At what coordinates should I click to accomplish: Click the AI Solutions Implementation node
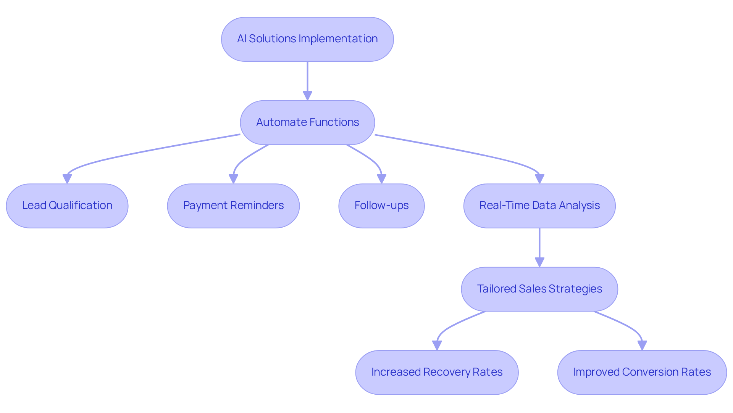coord(307,39)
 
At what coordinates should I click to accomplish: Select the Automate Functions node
coord(307,122)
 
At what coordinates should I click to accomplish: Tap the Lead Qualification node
coord(67,206)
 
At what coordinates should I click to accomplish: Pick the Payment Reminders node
coord(233,206)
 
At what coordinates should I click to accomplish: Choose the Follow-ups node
coord(381,206)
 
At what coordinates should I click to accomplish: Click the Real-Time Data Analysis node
coord(539,206)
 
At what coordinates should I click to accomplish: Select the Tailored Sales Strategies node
coord(539,289)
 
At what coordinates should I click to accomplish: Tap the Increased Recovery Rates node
coord(437,372)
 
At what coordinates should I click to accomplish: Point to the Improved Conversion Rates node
coord(642,372)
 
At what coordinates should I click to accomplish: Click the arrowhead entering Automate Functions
coord(307,96)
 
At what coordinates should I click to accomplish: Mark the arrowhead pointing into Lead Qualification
coord(67,179)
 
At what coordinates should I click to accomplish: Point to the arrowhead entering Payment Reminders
coord(233,179)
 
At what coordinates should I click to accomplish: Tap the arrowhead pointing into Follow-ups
coord(381,179)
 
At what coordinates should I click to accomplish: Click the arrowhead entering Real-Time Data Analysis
coord(539,179)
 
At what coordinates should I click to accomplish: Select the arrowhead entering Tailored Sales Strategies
coord(539,262)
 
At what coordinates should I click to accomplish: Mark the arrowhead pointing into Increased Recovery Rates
coord(437,346)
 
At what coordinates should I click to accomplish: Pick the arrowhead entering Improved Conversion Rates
coord(642,346)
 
